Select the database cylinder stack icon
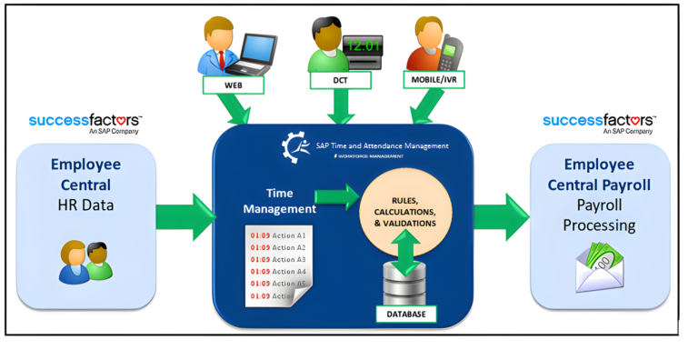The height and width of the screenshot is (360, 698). tap(406, 283)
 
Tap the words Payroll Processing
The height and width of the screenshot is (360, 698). tap(600, 215)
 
